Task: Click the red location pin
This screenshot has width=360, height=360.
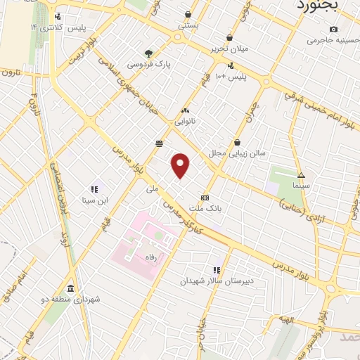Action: point(181,165)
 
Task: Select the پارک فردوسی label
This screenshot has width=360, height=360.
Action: point(149,64)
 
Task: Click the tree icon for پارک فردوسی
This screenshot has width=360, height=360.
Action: point(148,53)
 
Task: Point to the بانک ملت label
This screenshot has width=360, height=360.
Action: point(210,208)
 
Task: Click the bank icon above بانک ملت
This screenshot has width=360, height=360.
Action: point(205,198)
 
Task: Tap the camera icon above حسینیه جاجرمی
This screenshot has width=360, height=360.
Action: point(333,30)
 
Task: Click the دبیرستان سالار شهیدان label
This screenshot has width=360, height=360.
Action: point(219,281)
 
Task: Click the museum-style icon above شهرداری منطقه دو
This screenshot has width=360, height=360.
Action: point(70,289)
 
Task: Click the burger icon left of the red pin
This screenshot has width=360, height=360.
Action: point(160,143)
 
